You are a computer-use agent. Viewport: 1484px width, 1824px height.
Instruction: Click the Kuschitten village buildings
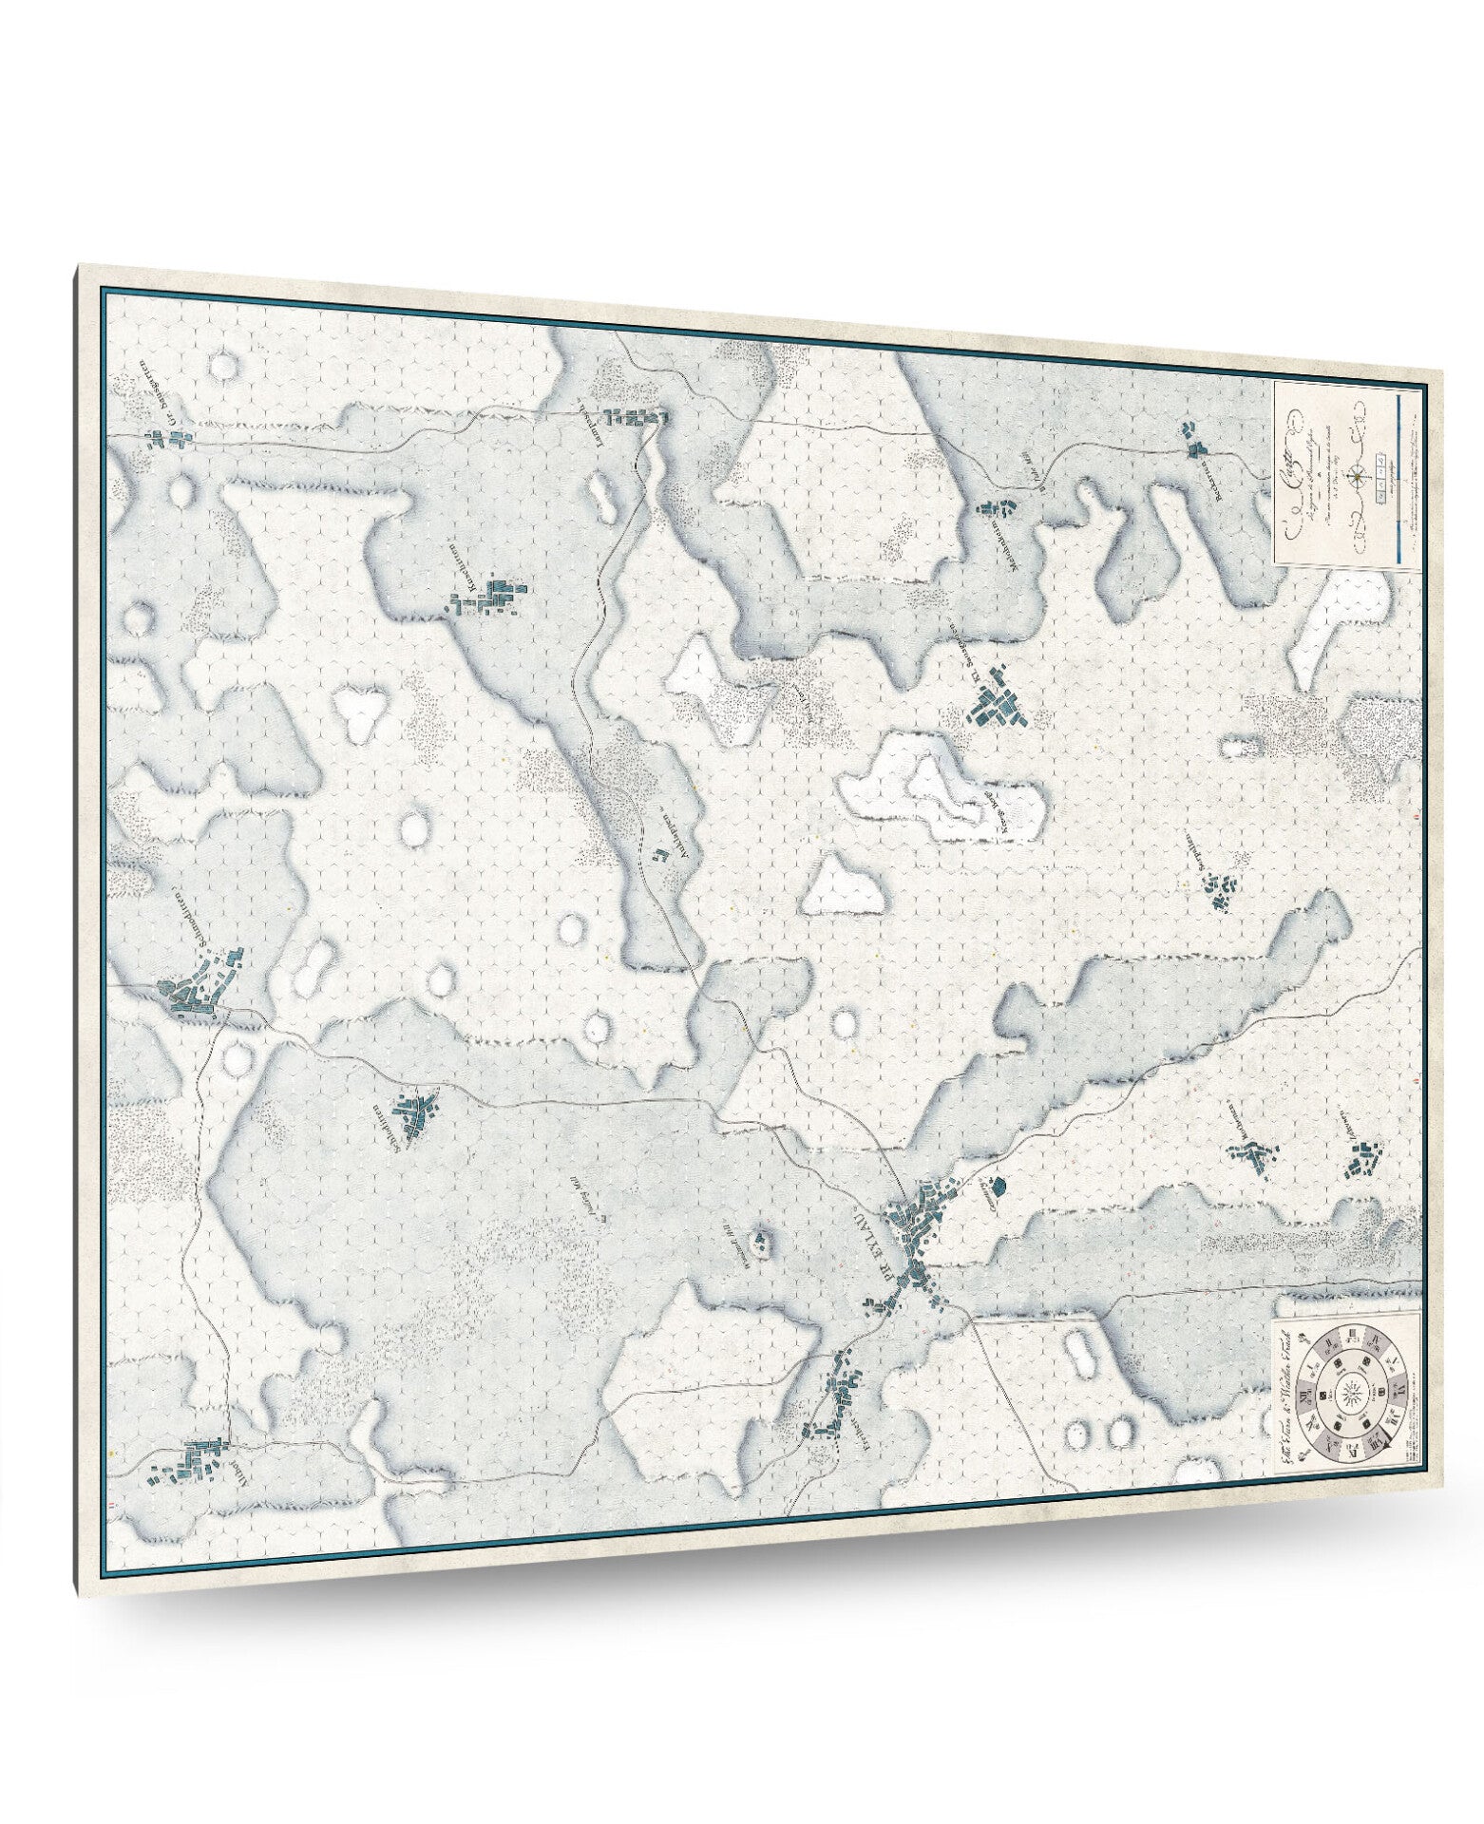494,599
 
